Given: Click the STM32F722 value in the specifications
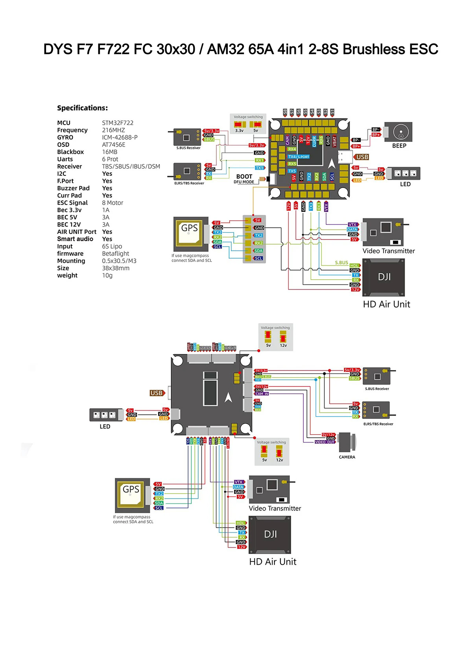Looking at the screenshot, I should click(118, 123).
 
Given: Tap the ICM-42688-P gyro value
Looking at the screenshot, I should click(120, 137).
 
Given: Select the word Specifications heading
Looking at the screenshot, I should click(82, 108).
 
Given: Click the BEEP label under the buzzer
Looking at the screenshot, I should click(399, 146).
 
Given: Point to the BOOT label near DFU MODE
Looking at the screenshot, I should click(244, 177).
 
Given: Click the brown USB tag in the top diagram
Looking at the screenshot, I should click(362, 157).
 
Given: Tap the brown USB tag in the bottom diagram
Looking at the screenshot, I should click(156, 393).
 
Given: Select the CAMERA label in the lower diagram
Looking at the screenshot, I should click(347, 457).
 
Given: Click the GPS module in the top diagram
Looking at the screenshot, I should click(190, 234).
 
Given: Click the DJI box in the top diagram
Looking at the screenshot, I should click(383, 277).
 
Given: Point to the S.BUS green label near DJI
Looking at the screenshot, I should click(341, 263).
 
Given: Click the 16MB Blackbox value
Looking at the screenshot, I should click(109, 152).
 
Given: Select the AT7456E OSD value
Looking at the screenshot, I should click(114, 145).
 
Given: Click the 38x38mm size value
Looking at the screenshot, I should click(116, 268).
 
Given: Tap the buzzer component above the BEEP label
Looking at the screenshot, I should click(398, 132).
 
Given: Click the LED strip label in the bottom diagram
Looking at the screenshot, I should click(105, 426).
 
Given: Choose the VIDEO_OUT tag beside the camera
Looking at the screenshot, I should click(325, 442).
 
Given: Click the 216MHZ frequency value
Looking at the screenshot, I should click(113, 130).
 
